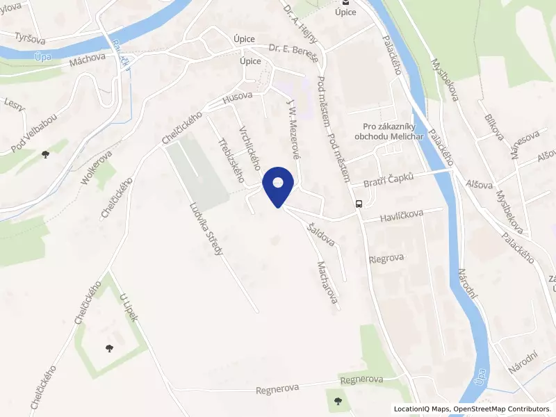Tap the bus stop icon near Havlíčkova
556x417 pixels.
pos(359,204)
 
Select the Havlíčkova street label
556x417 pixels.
pos(402,218)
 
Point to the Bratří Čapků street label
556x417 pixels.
pos(389,180)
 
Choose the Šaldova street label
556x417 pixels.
pos(321,234)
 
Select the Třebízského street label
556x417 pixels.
pos(230,155)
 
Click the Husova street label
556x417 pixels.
pos(237,99)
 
